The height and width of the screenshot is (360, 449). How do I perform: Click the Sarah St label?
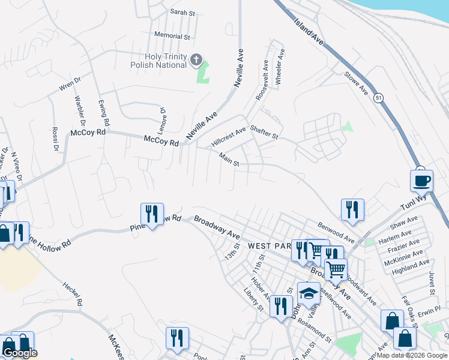tap(183, 12)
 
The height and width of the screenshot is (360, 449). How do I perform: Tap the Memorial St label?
tap(172, 36)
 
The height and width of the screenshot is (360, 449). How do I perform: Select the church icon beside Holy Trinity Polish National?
tap(196, 59)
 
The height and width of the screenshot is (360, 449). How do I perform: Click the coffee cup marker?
tap(421, 179)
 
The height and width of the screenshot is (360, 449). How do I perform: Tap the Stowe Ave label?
tap(355, 83)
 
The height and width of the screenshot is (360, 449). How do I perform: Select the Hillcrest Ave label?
tap(229, 137)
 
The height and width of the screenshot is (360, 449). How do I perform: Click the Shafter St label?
tap(264, 133)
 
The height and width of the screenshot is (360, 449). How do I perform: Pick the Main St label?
tap(229, 159)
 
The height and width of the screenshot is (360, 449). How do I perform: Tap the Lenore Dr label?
tap(162, 118)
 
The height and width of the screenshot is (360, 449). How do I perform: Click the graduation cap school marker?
tap(309, 293)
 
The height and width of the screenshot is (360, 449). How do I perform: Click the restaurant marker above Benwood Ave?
tap(352, 209)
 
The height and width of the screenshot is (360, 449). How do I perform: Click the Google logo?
tap(20, 353)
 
